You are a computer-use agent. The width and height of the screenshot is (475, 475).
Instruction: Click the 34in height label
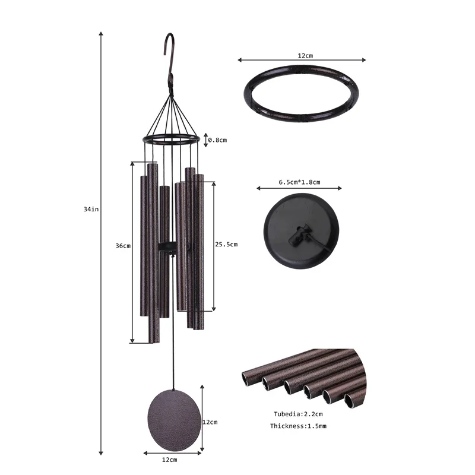pyautogui.click(x=91, y=208)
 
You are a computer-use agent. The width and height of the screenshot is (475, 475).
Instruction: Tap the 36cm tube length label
pyautogui.click(x=123, y=246)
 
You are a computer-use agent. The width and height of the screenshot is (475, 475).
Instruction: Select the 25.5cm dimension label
pyautogui.click(x=226, y=244)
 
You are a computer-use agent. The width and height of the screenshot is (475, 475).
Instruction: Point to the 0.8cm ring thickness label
pyautogui.click(x=218, y=140)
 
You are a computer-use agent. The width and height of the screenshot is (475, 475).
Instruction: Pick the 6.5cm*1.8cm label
pyautogui.click(x=299, y=182)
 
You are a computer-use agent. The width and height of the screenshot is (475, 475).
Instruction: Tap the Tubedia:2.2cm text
pyautogui.click(x=298, y=413)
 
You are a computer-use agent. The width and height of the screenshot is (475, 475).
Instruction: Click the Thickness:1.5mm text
pyautogui.click(x=298, y=426)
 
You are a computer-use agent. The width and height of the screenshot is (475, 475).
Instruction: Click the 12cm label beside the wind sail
pyautogui.click(x=210, y=422)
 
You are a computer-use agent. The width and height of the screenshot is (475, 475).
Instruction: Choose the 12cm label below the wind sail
pyautogui.click(x=170, y=460)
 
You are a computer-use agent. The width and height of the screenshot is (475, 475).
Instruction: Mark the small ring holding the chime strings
pyautogui.click(x=170, y=140)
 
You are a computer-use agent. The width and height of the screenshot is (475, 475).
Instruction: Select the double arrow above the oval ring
pyautogui.click(x=302, y=60)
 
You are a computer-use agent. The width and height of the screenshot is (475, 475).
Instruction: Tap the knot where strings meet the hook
pyautogui.click(x=170, y=89)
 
